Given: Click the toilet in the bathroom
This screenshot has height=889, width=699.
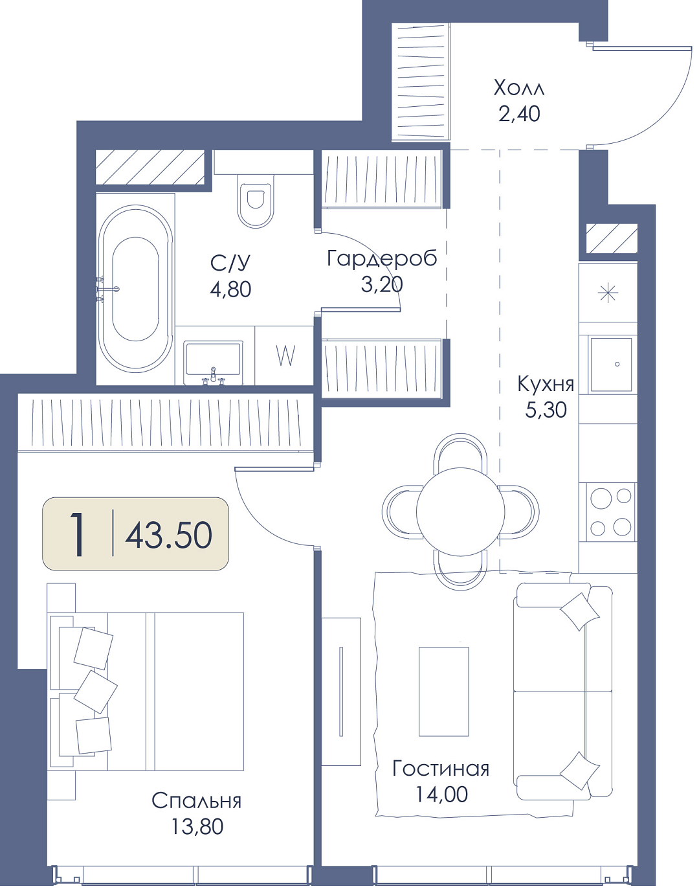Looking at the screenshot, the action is point(256,201).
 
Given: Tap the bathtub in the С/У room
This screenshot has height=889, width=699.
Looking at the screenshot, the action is point(135,289).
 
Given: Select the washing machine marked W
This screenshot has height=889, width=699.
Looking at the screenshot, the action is point(285,355).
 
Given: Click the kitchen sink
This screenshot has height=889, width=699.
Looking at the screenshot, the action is point(610,365).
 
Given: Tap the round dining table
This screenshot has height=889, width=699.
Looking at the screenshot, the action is point(460,512).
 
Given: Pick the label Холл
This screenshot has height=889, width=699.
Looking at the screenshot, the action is point(519,87).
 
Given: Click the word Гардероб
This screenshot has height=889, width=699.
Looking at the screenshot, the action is point(382,258).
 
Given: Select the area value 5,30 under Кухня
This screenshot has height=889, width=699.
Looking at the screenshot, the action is point(546,410).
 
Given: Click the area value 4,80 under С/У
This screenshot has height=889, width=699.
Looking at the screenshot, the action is point(230,289).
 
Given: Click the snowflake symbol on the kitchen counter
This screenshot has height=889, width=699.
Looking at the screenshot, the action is point(608,293).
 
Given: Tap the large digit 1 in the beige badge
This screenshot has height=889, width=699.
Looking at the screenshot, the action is point(77,534).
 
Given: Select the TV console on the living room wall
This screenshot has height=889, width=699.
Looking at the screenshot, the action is point(341,692).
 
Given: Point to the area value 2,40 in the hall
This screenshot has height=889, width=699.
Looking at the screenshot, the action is point(519,113).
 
